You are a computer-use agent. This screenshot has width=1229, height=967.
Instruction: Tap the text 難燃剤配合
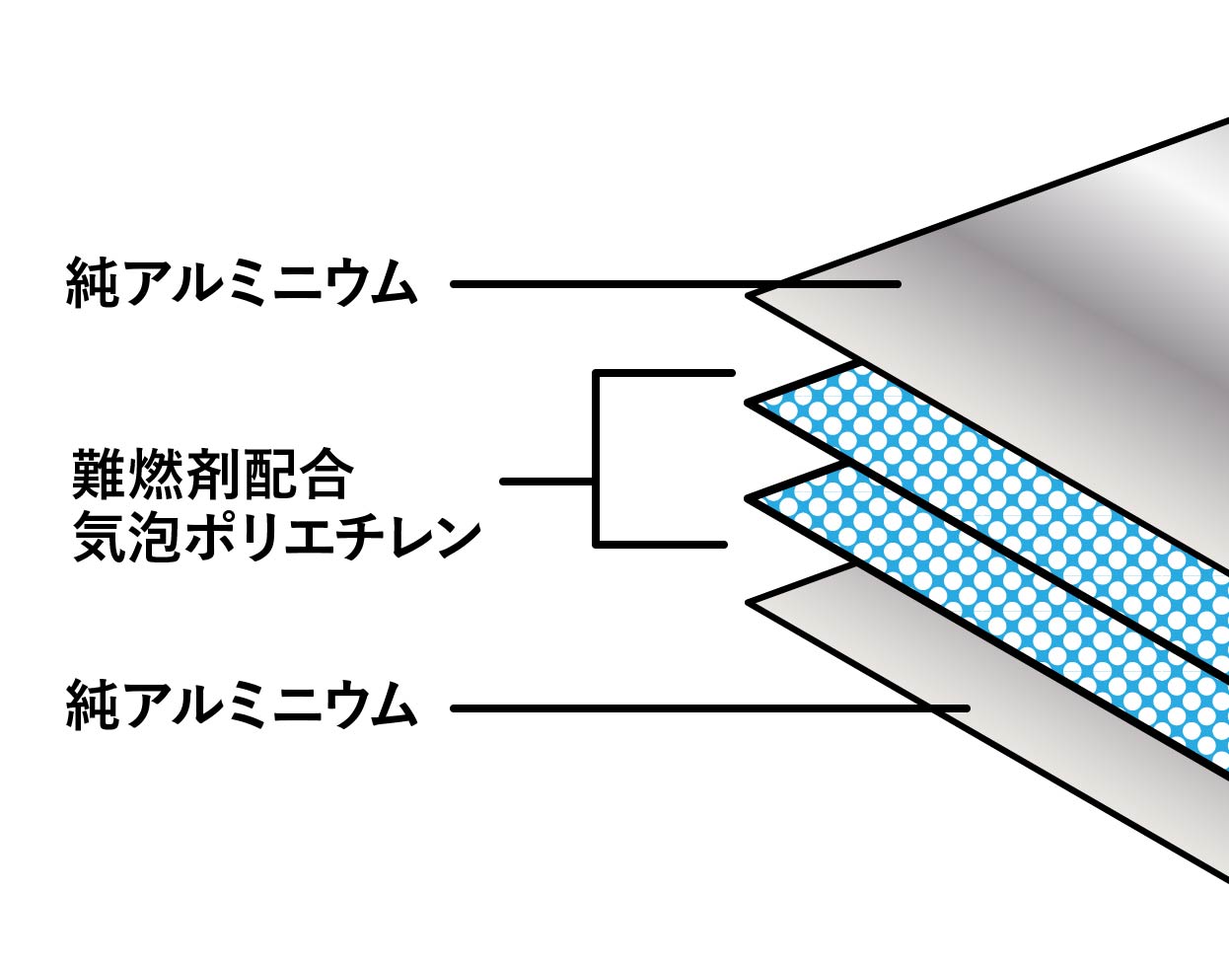pyautogui.click(x=212, y=476)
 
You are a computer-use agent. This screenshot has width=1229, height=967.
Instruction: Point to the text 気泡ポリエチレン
pyautogui.click(x=277, y=538)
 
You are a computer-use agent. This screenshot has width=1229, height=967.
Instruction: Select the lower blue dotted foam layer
pyautogui.click(x=986, y=602)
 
